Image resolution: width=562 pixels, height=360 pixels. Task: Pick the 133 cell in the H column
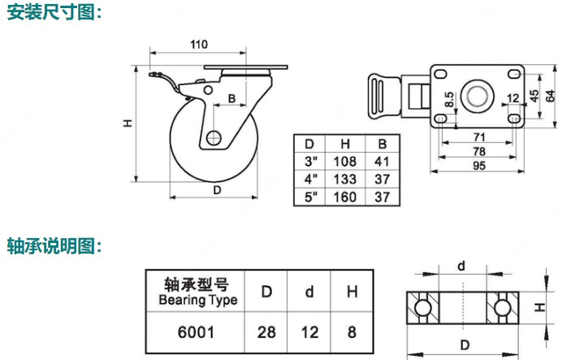coord(346,178)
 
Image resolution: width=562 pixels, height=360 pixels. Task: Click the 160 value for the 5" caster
coord(346,197)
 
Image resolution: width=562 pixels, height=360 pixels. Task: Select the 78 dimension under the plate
coord(478,152)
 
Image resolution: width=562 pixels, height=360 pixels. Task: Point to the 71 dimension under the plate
coord(478,137)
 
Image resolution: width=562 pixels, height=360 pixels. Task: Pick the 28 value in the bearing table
coord(266,332)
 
